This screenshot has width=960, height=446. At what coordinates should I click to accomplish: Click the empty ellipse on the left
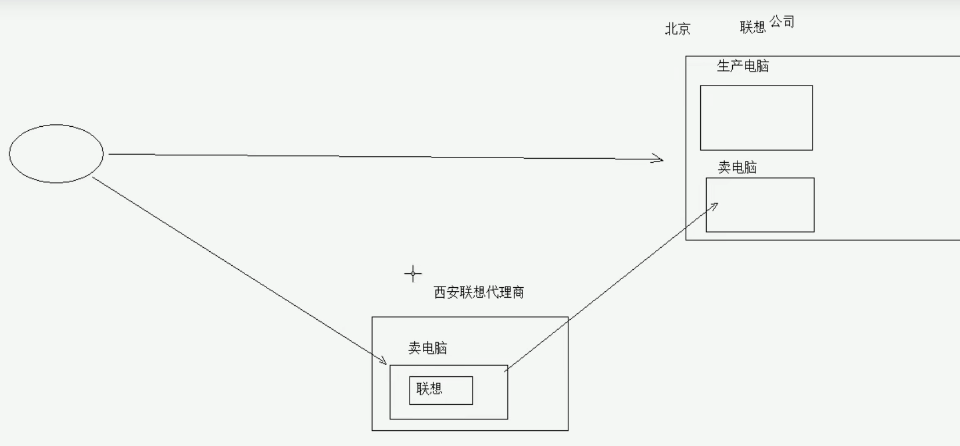pos(56,154)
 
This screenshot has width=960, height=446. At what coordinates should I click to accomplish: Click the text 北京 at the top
pos(678,29)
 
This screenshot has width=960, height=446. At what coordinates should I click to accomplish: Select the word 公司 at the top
pos(782,22)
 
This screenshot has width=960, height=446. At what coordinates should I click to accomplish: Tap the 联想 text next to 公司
pos(753,27)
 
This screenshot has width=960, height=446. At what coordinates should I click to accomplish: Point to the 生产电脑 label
pos(743,66)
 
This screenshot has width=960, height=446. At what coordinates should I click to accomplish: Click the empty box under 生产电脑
pos(756,117)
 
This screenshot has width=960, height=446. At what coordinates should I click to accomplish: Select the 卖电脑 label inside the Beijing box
pos(737,167)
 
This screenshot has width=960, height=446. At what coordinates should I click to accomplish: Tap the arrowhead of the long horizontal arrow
pos(659,159)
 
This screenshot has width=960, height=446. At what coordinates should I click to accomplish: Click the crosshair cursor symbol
pos(413,273)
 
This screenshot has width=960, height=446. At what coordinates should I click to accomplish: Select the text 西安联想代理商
pos(479,292)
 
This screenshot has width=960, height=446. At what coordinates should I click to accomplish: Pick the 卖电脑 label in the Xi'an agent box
pos(428,348)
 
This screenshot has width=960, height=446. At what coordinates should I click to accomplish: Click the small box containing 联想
pos(440,390)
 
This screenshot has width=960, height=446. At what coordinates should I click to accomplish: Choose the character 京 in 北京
pos(684,29)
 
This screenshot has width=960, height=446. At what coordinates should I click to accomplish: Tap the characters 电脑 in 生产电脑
pos(756,66)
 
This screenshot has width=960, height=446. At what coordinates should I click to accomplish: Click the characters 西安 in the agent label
pos(446,292)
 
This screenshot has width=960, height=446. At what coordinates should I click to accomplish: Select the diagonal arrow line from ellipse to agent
pos(238,270)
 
